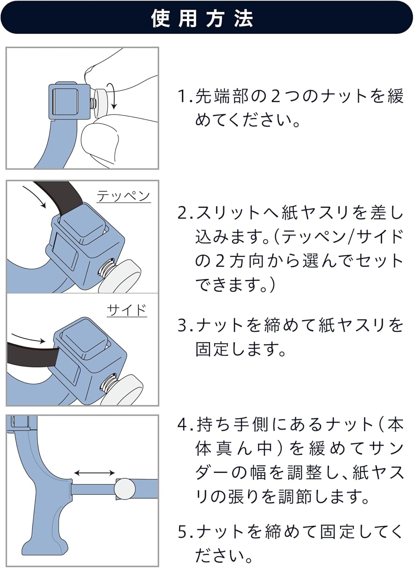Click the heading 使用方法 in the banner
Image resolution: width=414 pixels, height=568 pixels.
(x=202, y=18)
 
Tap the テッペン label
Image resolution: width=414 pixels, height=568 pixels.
(x=123, y=196)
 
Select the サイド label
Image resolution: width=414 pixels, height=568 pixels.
(x=127, y=310)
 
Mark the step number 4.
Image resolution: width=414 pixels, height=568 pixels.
(x=183, y=424)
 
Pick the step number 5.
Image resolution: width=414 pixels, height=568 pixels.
(x=183, y=532)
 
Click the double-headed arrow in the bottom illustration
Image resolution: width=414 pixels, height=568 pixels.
(x=94, y=473)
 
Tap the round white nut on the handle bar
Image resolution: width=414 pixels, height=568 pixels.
(x=125, y=488)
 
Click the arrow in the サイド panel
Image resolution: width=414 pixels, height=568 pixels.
(x=28, y=338)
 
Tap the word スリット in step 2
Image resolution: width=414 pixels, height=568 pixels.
(x=229, y=213)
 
